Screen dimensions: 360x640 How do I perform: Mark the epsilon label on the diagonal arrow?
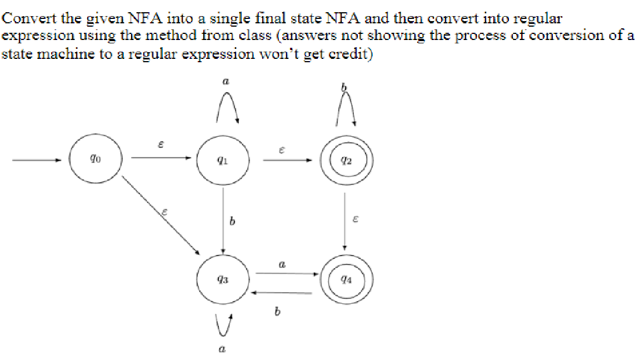[164, 212]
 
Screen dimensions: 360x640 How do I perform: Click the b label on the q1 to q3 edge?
[232, 223]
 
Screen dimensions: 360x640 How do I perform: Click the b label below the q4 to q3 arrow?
[275, 313]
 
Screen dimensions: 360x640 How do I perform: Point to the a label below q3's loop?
[222, 349]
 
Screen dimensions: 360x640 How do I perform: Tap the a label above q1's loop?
[225, 82]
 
